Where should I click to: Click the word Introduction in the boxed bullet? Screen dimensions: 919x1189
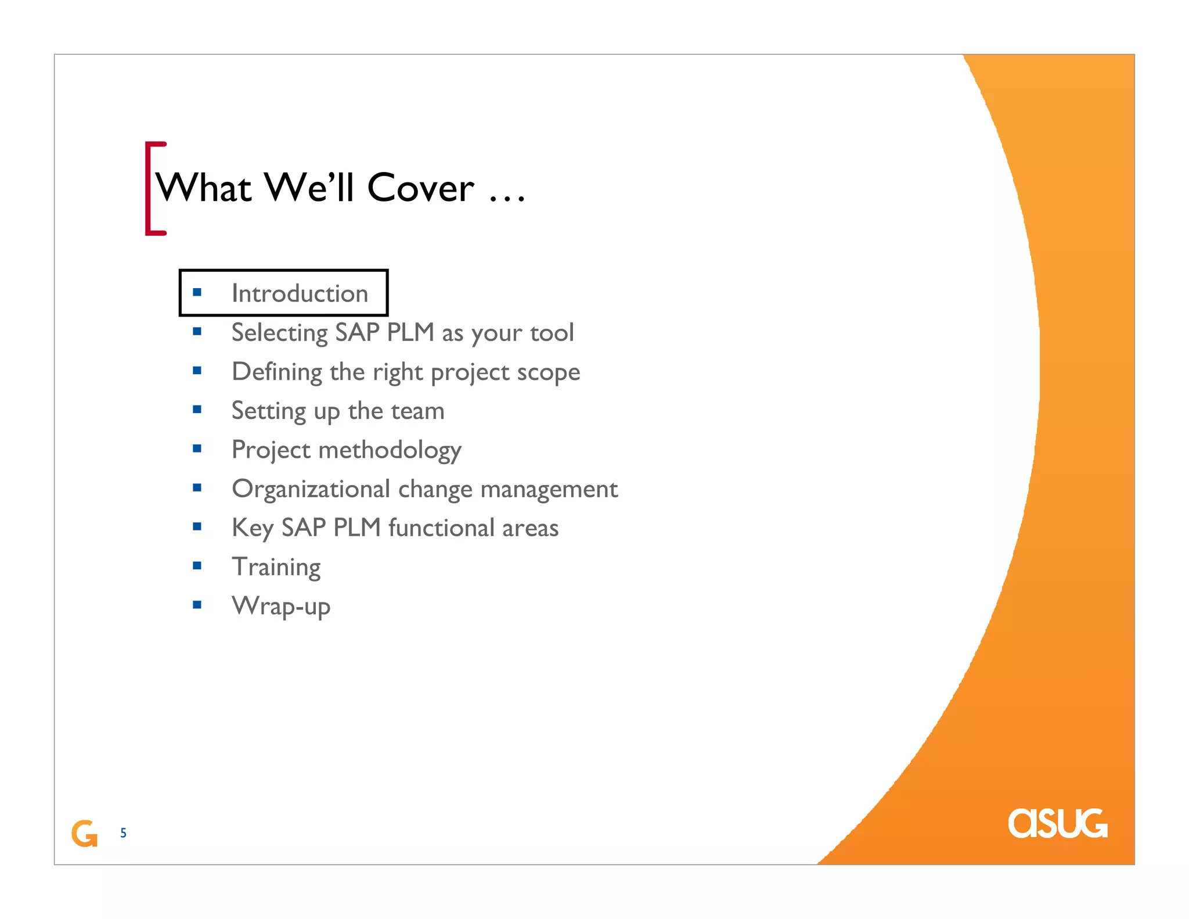(x=300, y=293)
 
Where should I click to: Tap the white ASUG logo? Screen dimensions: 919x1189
(x=1057, y=823)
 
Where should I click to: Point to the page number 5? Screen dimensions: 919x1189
(x=123, y=833)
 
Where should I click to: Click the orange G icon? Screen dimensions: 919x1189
(x=84, y=834)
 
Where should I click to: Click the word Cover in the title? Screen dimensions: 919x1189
(x=420, y=188)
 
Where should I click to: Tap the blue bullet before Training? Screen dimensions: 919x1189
(x=197, y=566)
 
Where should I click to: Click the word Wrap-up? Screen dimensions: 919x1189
(x=281, y=606)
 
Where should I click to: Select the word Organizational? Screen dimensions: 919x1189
(x=311, y=489)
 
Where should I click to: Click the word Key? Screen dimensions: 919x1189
(x=252, y=528)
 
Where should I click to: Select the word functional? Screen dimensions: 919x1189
(x=441, y=528)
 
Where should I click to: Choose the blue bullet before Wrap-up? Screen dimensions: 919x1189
(x=197, y=605)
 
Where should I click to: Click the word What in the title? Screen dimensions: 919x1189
(x=204, y=188)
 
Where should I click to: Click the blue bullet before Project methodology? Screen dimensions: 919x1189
(x=197, y=448)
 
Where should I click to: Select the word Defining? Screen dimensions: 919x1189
(x=277, y=372)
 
